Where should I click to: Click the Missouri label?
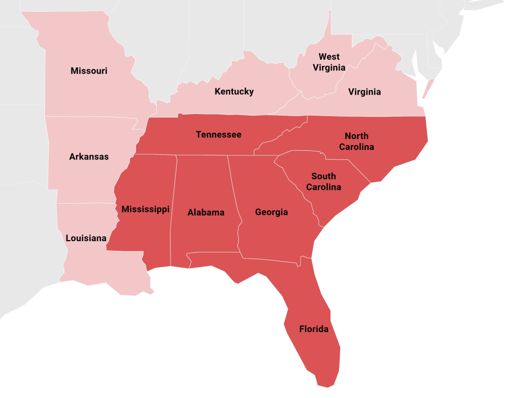coord(89,71)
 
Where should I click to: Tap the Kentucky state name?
coord(234,91)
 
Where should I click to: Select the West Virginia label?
coord(329,62)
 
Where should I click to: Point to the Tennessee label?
coord(219,135)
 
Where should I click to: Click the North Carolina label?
coord(359,141)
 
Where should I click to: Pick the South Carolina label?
coord(323,181)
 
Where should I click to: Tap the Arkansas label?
coord(89,157)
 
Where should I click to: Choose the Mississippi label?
coord(145,209)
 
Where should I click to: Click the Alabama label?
coord(206,213)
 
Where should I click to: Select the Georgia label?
coord(271,212)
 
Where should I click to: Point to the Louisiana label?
coord(86,238)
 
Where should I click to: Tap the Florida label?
coord(314,329)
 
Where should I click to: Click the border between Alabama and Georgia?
coord(235,204)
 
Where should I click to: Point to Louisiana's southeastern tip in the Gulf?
coord(151,292)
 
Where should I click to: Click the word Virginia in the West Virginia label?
coord(329,67)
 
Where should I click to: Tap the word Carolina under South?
coord(323,187)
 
